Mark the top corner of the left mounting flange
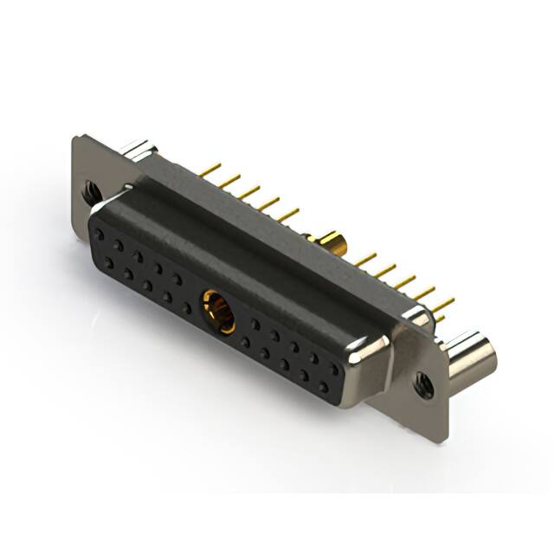coord(80,138)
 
